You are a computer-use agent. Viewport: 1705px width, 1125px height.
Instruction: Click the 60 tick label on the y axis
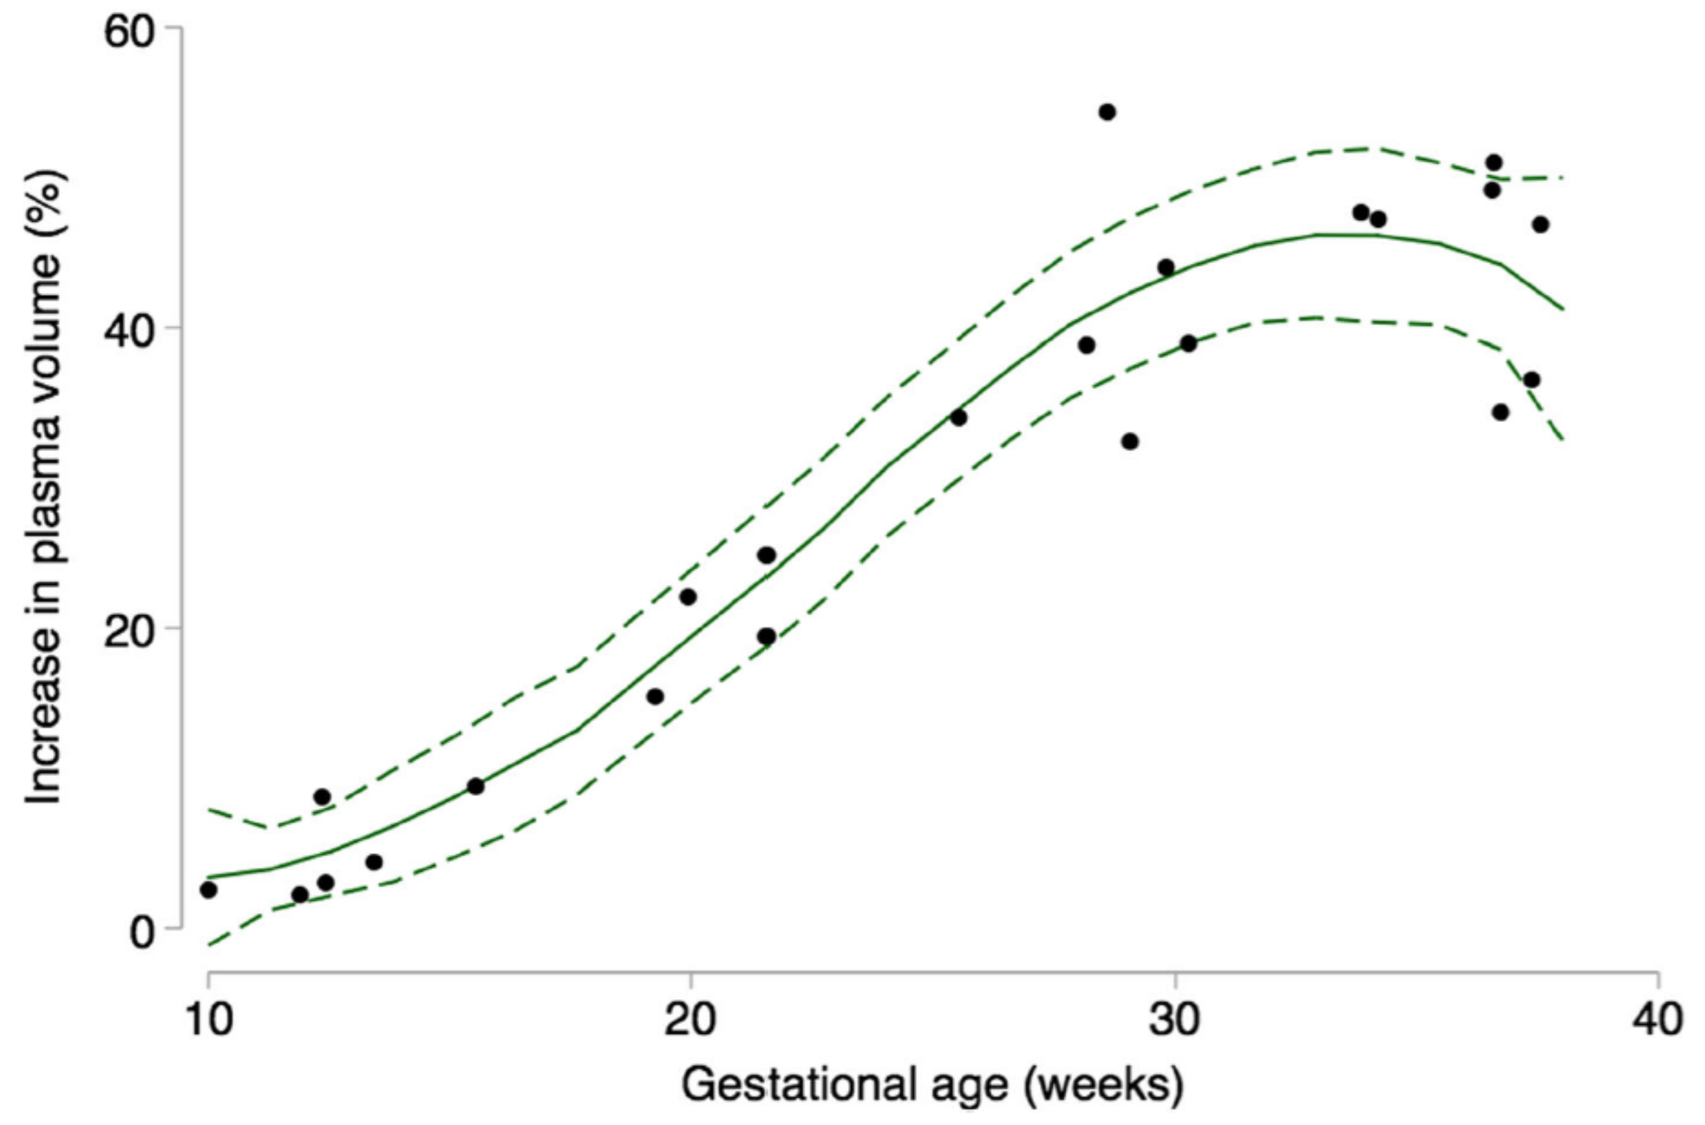point(130,32)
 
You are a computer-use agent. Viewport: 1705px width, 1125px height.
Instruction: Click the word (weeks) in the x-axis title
point(1104,1084)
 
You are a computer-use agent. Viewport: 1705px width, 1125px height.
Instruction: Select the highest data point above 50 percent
point(1107,112)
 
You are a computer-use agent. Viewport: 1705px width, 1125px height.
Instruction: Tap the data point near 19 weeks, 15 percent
point(655,696)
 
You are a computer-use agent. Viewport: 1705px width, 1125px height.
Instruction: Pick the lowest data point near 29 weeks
point(1130,441)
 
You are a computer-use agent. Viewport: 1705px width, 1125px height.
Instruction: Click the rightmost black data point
point(1541,224)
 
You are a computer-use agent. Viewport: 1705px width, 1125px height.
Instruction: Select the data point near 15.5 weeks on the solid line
point(476,786)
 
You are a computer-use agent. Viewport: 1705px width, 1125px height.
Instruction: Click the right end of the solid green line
point(1563,309)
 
